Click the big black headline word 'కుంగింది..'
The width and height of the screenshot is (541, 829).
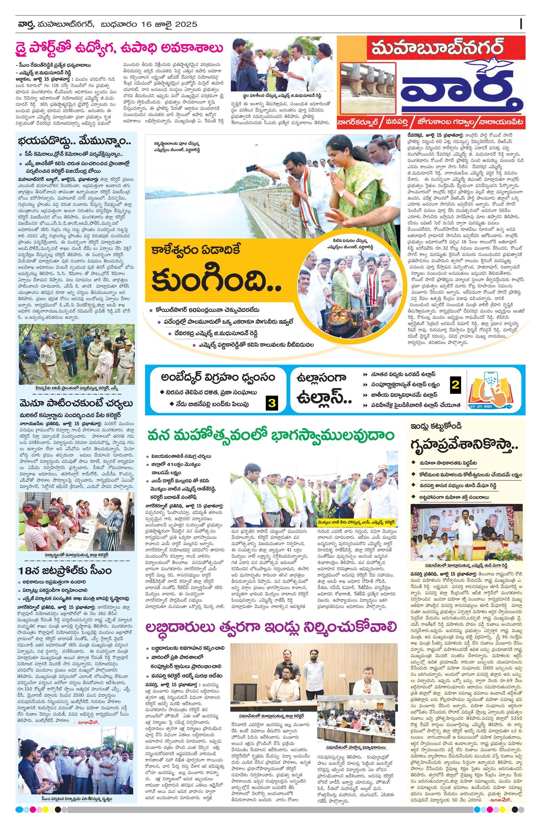[216, 277]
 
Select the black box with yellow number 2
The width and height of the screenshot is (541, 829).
[455, 385]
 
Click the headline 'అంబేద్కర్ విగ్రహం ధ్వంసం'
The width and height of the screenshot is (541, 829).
[218, 377]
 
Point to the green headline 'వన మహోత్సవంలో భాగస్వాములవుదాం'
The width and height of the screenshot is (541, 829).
[271, 436]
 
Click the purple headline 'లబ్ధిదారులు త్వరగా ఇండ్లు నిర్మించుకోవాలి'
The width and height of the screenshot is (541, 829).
[271, 627]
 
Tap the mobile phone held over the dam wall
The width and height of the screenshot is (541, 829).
[251, 169]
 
